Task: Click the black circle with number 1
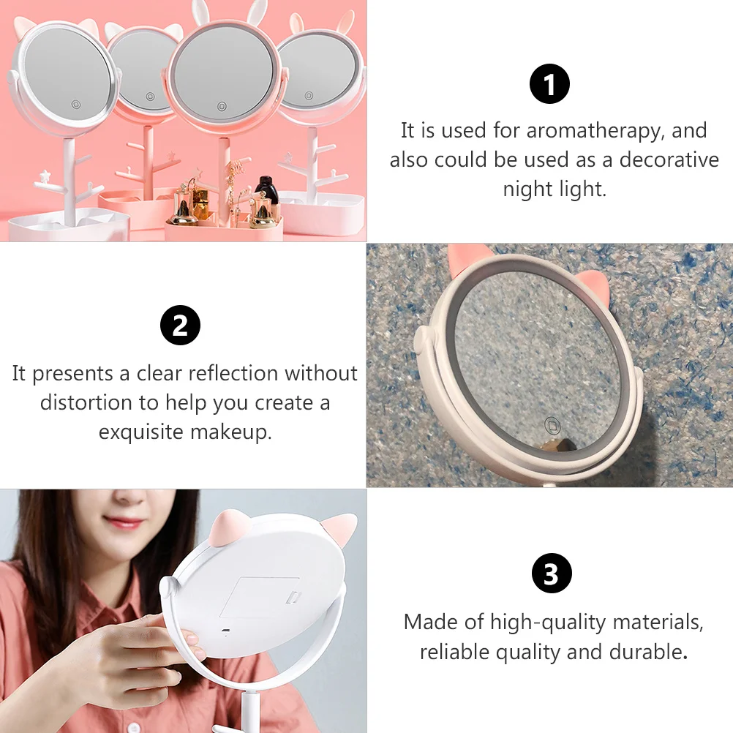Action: (549, 85)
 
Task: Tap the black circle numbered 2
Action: (180, 326)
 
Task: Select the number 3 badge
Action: (551, 575)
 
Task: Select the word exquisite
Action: (141, 432)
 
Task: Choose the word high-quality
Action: (547, 623)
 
